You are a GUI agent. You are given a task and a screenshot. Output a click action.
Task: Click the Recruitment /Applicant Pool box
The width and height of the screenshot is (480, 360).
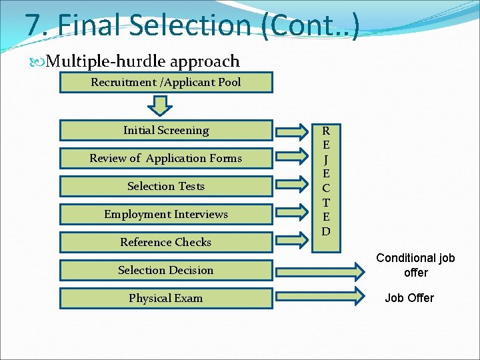click(166, 83)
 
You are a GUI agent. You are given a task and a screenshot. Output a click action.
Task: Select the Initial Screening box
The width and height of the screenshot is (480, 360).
click(166, 131)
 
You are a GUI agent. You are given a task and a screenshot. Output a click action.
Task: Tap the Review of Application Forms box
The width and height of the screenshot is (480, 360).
click(166, 159)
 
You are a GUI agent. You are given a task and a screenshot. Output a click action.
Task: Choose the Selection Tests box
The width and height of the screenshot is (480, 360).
click(166, 187)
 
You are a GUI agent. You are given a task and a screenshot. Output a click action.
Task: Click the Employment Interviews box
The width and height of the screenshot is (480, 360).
click(166, 215)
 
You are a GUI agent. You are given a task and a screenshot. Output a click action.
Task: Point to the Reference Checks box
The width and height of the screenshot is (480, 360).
click(166, 243)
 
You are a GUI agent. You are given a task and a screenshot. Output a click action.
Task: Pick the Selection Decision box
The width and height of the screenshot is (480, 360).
click(166, 271)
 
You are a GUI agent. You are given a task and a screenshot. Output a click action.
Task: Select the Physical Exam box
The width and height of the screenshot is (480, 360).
click(166, 299)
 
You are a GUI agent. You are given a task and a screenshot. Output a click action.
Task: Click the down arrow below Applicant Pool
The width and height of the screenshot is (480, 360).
click(161, 105)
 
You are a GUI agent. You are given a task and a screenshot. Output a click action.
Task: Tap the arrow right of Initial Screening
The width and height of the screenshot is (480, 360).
click(293, 131)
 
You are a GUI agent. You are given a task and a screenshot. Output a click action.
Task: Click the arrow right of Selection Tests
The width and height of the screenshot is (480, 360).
click(293, 187)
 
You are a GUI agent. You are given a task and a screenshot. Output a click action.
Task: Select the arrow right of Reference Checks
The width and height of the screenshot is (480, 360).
click(293, 241)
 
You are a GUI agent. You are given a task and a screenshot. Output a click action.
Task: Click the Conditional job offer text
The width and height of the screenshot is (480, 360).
click(415, 265)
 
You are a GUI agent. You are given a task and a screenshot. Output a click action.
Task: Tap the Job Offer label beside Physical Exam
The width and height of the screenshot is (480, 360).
click(409, 298)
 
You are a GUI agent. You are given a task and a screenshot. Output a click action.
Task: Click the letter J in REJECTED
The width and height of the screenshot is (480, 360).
click(326, 159)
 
